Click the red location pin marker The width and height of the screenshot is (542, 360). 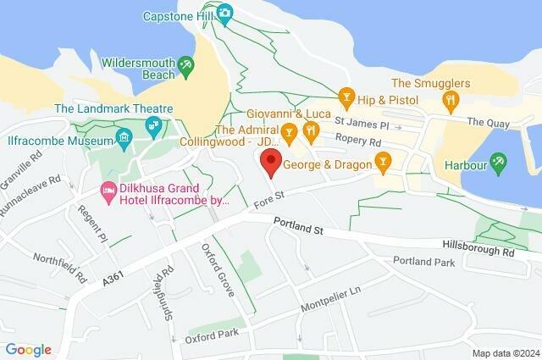coord(270,162)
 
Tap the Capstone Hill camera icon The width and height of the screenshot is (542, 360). coord(224,12)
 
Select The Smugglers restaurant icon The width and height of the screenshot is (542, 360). coord(451,99)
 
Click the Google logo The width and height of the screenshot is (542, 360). coord(28,349)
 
